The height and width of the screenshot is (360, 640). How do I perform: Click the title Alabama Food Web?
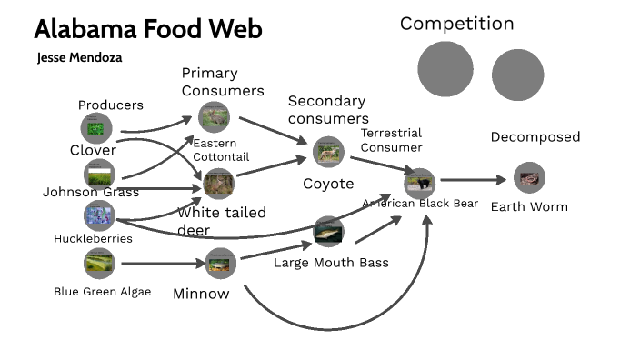click(x=148, y=29)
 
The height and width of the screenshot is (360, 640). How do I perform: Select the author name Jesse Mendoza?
click(x=80, y=57)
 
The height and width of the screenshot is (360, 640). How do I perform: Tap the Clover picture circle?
click(x=96, y=127)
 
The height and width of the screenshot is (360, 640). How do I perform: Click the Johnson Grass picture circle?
click(x=99, y=173)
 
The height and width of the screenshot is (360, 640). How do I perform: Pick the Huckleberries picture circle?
click(x=98, y=215)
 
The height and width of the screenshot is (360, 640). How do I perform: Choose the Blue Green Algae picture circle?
click(x=98, y=263)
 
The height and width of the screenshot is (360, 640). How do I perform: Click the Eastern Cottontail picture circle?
click(x=215, y=116)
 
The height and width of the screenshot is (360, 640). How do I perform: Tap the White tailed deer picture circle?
click(x=219, y=184)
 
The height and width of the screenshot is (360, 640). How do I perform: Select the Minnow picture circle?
click(x=219, y=264)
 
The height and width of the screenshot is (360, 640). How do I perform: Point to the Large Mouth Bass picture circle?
click(x=327, y=233)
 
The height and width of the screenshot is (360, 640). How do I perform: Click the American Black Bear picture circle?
click(x=419, y=183)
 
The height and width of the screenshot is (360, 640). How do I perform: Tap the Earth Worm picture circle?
click(x=528, y=177)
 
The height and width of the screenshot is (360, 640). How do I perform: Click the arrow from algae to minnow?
click(x=160, y=265)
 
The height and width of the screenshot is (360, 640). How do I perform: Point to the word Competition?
click(x=456, y=24)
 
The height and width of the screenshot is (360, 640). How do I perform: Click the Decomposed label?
click(x=535, y=137)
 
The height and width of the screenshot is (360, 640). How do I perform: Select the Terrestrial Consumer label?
click(x=392, y=140)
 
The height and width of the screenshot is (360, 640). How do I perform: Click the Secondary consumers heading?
click(x=327, y=109)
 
